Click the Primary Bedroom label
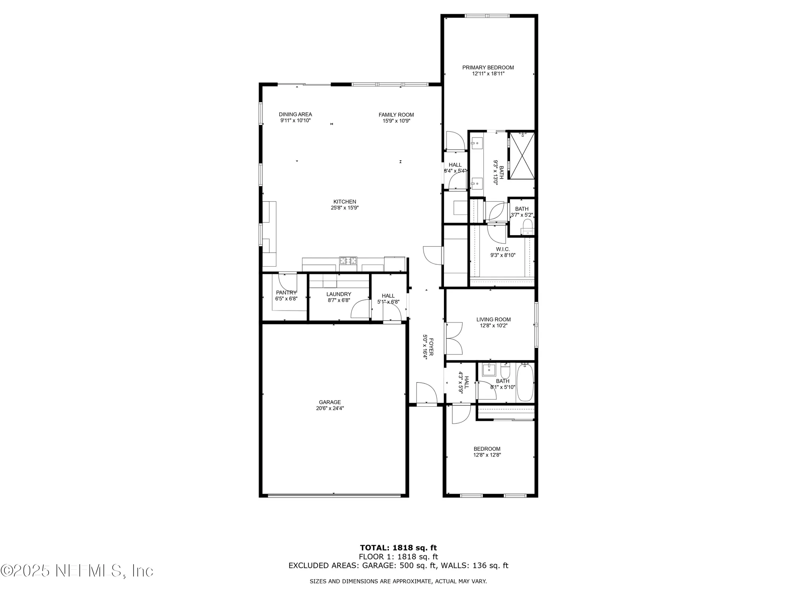tap(488, 68)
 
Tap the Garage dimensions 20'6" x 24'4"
tap(330, 408)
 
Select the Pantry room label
tap(286, 293)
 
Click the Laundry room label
tap(339, 294)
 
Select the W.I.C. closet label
tap(503, 249)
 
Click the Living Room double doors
tap(454, 338)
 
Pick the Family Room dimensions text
tap(396, 121)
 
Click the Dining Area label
tap(295, 114)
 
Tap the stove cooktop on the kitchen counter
tap(348, 261)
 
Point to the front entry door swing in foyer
tap(426, 393)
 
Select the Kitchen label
tap(345, 202)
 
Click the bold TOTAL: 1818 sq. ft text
tap(398, 548)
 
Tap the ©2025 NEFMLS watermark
tap(77, 571)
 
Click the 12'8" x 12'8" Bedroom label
tap(487, 449)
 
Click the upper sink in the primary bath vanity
tap(477, 143)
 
